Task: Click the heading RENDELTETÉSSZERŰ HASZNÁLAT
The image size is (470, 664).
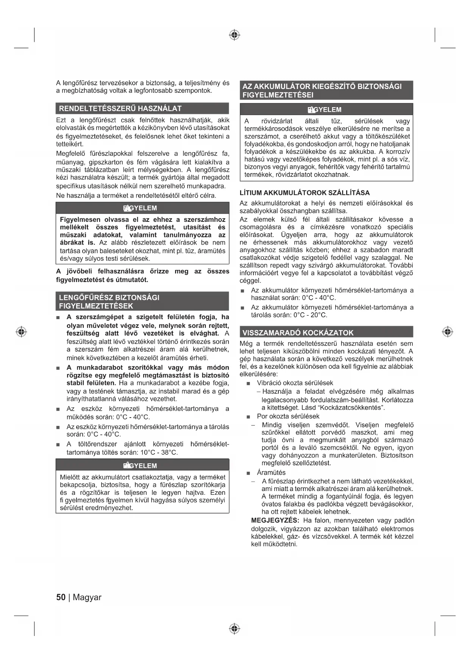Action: pyautogui.click(x=120, y=109)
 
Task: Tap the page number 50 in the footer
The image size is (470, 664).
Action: pyautogui.click(x=61, y=597)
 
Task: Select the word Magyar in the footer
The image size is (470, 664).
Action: pyautogui.click(x=87, y=597)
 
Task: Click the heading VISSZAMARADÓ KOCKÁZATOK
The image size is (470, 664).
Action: pyautogui.click(x=298, y=333)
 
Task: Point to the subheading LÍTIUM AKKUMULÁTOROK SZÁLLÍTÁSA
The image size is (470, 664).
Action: pyautogui.click(x=304, y=193)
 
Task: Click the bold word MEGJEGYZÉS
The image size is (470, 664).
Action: pyautogui.click(x=275, y=521)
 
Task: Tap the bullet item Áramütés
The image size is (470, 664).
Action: pyautogui.click(x=271, y=472)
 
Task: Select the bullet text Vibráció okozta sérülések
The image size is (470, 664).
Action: pyautogui.click(x=295, y=383)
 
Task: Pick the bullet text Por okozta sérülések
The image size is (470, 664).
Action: pyautogui.click(x=288, y=416)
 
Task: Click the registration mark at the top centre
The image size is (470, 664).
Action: pyautogui.click(x=235, y=35)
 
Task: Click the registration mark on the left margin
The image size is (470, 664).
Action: pyautogui.click(x=22, y=332)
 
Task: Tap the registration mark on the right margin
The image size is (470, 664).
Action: pyautogui.click(x=448, y=332)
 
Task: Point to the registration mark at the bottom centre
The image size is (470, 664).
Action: pyautogui.click(x=235, y=629)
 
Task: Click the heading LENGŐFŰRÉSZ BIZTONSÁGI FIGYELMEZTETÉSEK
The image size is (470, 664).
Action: pyautogui.click(x=109, y=301)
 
